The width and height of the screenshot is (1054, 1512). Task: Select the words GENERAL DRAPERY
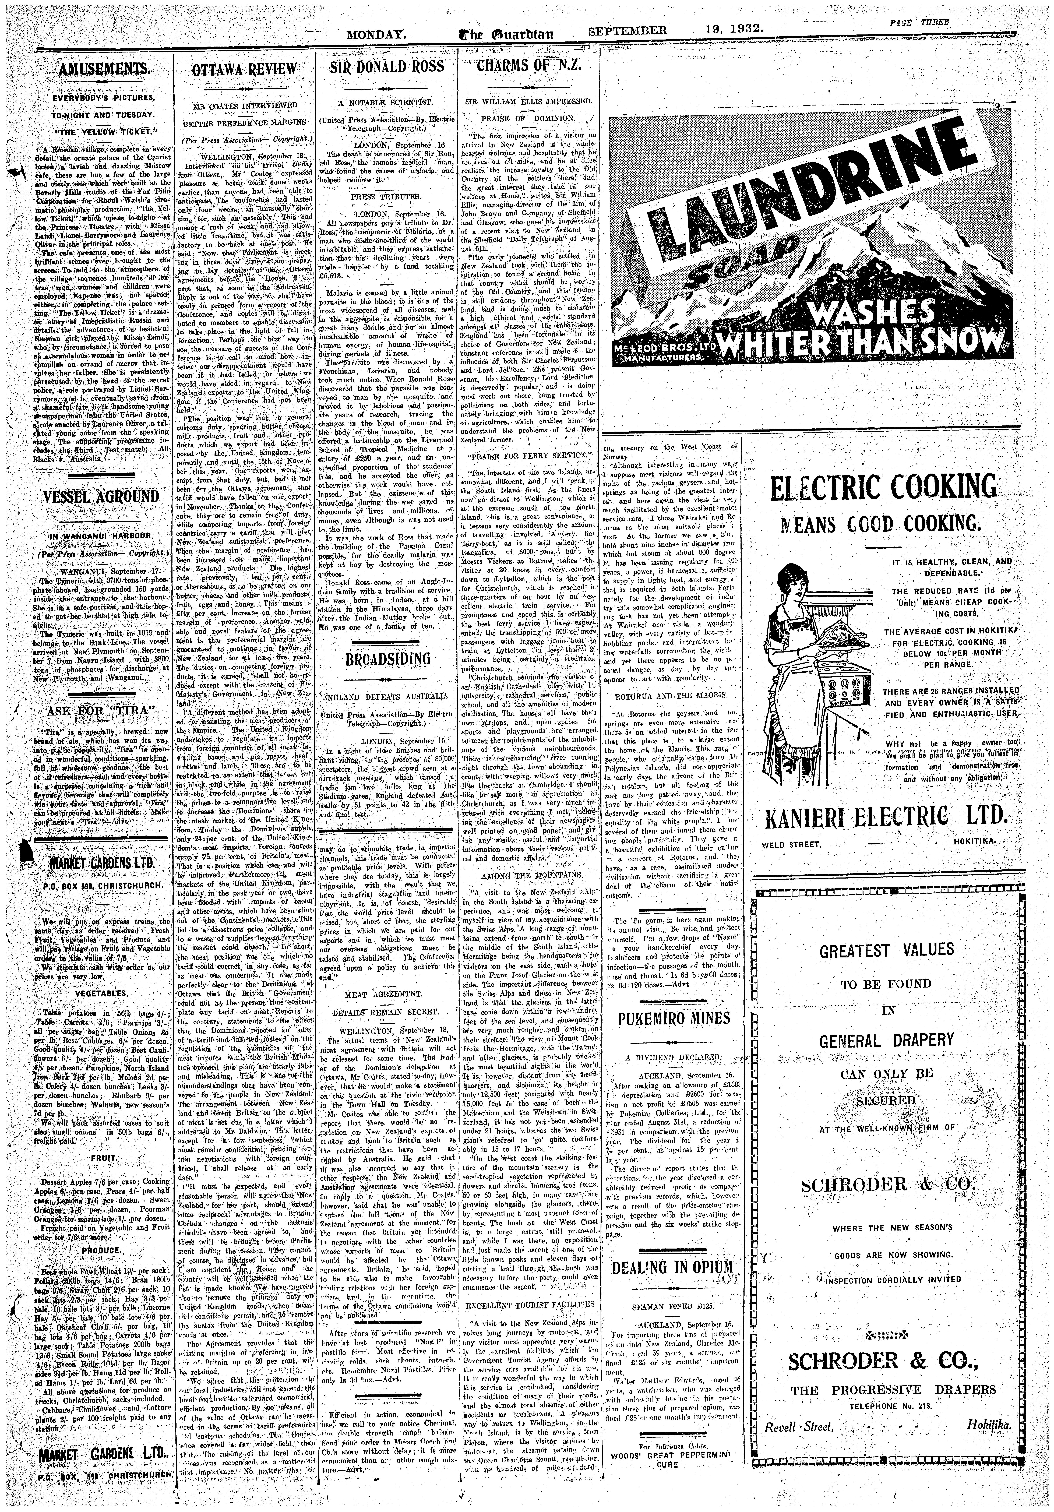[x=886, y=1041]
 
